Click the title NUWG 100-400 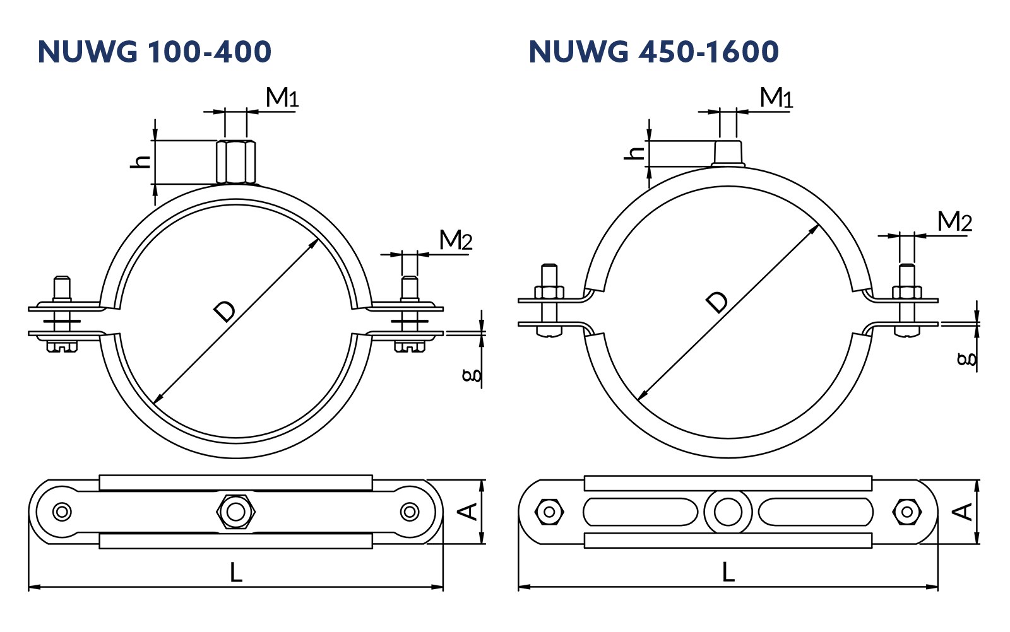pos(155,51)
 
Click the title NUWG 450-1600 pos(654,51)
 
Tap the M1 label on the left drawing pos(282,97)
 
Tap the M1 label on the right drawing pos(776,97)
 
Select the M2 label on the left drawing pos(456,240)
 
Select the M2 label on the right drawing pos(954,221)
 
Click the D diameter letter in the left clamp pos(225,312)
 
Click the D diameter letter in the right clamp pos(717,302)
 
